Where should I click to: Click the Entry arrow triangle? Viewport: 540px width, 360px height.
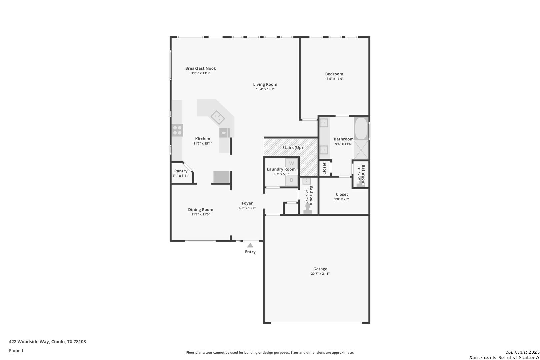(250, 245)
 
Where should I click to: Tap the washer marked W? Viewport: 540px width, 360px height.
(291, 163)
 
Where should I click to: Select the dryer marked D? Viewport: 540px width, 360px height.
(291, 180)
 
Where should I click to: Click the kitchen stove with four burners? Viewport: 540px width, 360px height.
(177, 130)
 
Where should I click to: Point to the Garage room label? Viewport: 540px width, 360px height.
(320, 269)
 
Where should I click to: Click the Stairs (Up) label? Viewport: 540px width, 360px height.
(292, 148)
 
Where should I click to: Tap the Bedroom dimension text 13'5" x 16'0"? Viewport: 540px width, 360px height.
(334, 79)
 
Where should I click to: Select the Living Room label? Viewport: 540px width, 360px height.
(265, 84)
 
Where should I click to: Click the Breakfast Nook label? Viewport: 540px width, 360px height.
(201, 68)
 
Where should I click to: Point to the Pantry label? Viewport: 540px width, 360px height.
(181, 171)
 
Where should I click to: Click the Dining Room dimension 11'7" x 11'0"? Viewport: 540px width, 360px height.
(201, 214)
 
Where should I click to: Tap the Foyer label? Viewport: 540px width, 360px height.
(247, 203)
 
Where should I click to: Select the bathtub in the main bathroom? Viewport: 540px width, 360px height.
(361, 129)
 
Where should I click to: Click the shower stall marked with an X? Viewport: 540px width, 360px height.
(361, 150)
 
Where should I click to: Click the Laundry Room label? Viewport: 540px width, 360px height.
(281, 169)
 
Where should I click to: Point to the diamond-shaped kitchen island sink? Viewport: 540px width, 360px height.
(218, 117)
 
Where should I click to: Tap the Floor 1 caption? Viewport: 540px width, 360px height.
(16, 351)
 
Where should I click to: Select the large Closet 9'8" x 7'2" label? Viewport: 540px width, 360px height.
(342, 194)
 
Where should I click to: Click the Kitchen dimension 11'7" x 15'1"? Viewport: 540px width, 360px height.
(203, 143)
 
